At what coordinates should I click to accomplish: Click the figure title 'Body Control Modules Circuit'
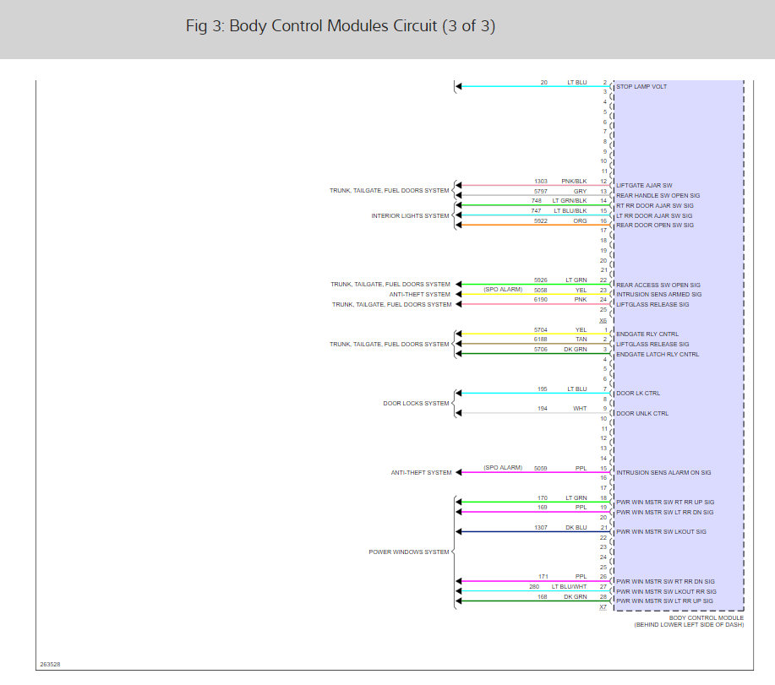(x=340, y=26)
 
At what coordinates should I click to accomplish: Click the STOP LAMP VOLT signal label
(x=641, y=87)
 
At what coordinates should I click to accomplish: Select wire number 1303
(x=541, y=181)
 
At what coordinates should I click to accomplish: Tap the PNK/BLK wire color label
(x=575, y=181)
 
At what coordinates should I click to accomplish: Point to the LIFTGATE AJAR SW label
(x=644, y=186)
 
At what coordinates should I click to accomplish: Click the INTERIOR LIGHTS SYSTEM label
(x=411, y=215)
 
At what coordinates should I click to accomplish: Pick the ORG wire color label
(x=580, y=220)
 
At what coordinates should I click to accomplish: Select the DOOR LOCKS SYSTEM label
(x=416, y=403)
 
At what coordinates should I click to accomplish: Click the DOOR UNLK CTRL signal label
(x=642, y=413)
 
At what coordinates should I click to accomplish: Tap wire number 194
(x=542, y=409)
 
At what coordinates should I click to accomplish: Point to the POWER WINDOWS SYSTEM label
(x=408, y=552)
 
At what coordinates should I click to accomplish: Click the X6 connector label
(x=603, y=320)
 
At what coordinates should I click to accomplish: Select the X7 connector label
(x=603, y=607)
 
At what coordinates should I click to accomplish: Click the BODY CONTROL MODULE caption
(x=706, y=617)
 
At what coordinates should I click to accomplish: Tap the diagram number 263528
(x=50, y=664)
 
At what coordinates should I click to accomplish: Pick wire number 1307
(x=541, y=527)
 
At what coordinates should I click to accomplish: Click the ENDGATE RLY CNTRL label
(x=647, y=334)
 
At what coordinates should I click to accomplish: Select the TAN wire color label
(x=581, y=339)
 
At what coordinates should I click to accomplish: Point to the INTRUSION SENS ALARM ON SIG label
(x=663, y=473)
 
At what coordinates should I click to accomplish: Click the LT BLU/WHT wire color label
(x=569, y=586)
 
